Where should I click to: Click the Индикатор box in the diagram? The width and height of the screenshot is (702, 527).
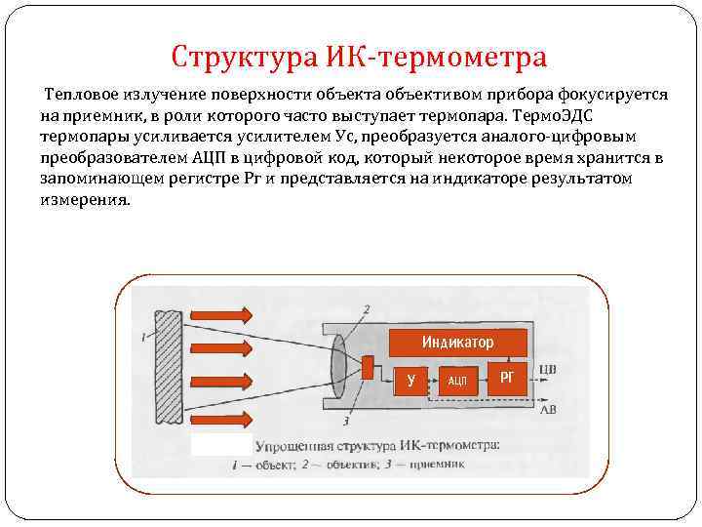[x=457, y=343]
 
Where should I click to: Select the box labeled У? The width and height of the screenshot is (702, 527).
[x=411, y=380]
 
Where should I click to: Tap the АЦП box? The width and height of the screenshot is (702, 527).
[x=457, y=380]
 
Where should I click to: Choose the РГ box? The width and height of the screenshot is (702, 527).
[x=506, y=377]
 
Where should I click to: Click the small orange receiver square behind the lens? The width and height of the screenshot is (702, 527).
[x=367, y=368]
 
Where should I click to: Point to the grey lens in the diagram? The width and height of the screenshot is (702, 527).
[x=337, y=368]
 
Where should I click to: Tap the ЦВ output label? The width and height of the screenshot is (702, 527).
[x=547, y=369]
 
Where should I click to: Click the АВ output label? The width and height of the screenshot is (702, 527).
[x=549, y=411]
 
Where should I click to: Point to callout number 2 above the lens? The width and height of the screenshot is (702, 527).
[x=366, y=309]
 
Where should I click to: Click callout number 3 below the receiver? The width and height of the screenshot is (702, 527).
[x=346, y=422]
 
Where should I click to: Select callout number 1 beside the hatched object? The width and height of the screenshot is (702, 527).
[x=142, y=337]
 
